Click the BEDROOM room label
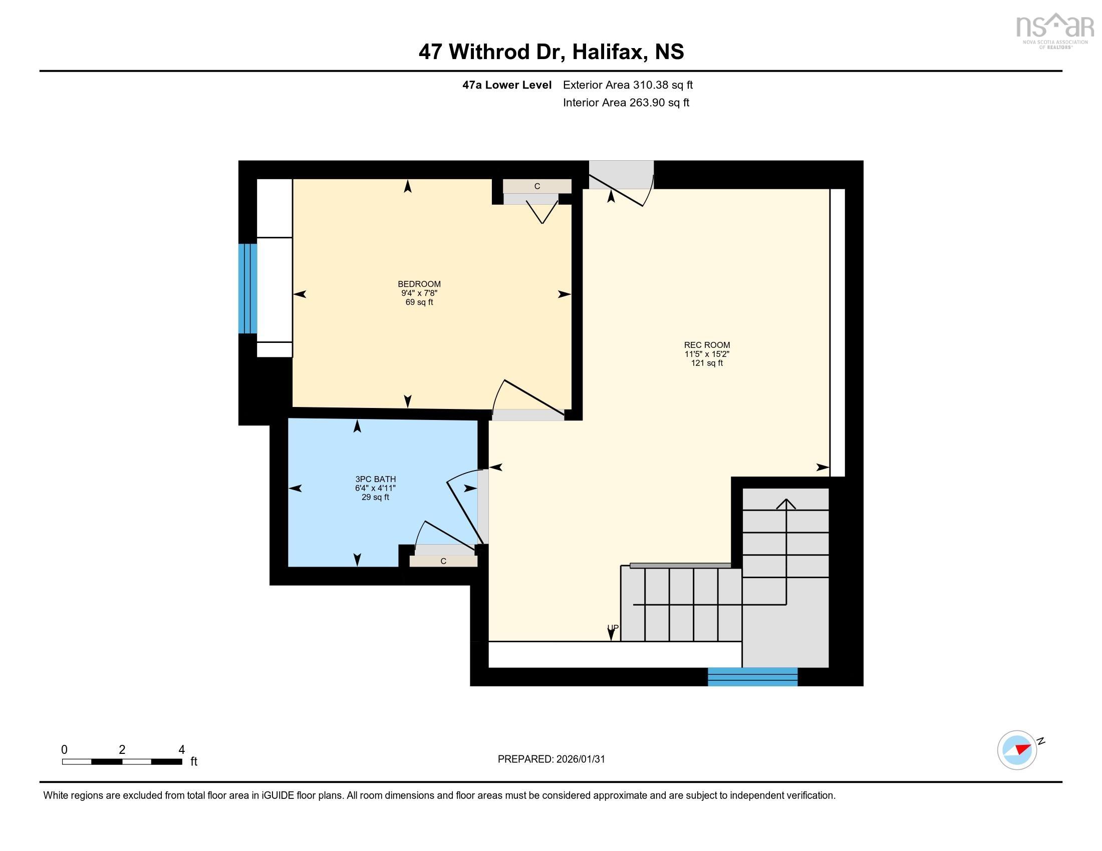click(x=419, y=284)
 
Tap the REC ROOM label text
click(x=706, y=345)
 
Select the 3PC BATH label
click(x=375, y=479)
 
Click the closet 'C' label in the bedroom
click(x=537, y=187)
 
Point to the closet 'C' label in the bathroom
click(x=443, y=561)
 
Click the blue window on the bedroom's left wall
click(x=247, y=288)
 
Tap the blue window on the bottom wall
click(x=752, y=677)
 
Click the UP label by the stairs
click(x=612, y=628)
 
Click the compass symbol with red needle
click(x=1017, y=750)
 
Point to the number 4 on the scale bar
click(x=181, y=749)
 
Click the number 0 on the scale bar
click(x=64, y=749)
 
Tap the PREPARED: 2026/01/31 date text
click(x=551, y=759)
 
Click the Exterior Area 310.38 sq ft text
click(x=628, y=85)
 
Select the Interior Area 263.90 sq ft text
click(x=626, y=103)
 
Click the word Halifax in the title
click(x=610, y=52)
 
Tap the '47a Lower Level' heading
click(x=506, y=85)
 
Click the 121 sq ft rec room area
click(x=706, y=363)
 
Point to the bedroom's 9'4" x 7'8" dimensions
click(x=419, y=293)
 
